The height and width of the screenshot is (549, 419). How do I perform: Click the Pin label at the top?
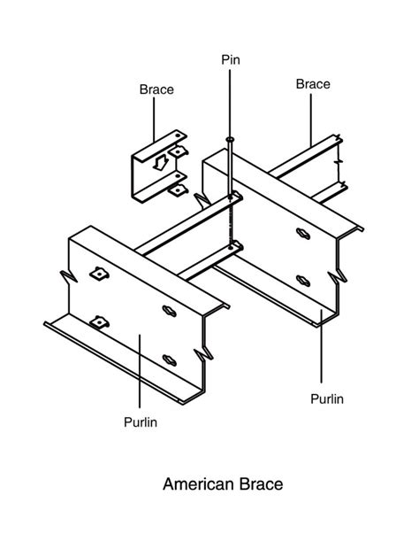click(230, 60)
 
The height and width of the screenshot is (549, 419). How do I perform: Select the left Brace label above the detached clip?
click(156, 89)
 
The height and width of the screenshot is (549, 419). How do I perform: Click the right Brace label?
click(313, 84)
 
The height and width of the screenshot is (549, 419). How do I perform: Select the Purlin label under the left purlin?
click(140, 421)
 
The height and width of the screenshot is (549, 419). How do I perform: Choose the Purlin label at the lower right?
click(326, 398)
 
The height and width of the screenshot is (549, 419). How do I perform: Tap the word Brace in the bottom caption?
click(263, 484)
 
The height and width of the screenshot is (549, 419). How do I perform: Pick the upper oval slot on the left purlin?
click(169, 310)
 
